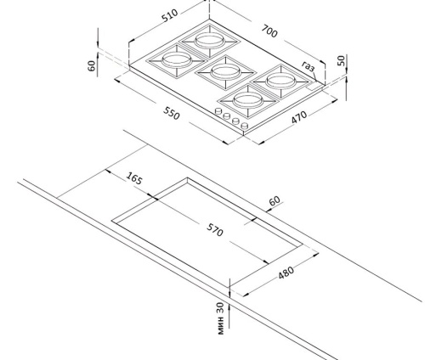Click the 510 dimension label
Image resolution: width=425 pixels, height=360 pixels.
coord(170,15)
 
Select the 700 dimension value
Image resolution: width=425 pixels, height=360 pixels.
coord(269,31)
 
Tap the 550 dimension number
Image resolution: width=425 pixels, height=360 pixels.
coord(172,113)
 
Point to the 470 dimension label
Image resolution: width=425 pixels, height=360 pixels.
coord(299,117)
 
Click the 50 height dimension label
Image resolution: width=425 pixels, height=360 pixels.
coord(342,60)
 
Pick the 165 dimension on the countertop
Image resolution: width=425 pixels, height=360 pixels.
coord(134,178)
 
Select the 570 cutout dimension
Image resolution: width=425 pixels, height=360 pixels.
coord(215,229)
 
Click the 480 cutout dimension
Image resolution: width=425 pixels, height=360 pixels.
coord(286,273)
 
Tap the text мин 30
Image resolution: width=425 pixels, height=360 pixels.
coord(220,318)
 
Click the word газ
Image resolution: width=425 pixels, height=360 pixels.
coord(308,66)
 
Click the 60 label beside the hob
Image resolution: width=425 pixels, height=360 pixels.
coord(92,65)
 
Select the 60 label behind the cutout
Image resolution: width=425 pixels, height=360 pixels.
coord(275,200)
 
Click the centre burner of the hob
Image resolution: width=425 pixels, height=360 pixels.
coord(226,72)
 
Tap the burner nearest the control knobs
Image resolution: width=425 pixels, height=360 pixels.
coord(248,100)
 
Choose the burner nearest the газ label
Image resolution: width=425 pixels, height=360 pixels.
coord(280,82)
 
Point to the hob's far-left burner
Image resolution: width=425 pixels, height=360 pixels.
coord(176,60)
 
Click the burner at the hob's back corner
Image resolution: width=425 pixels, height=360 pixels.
coord(210,41)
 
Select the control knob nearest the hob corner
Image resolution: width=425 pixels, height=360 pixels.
coord(245,126)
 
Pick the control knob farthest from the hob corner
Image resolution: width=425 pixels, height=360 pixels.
coord(218,111)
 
